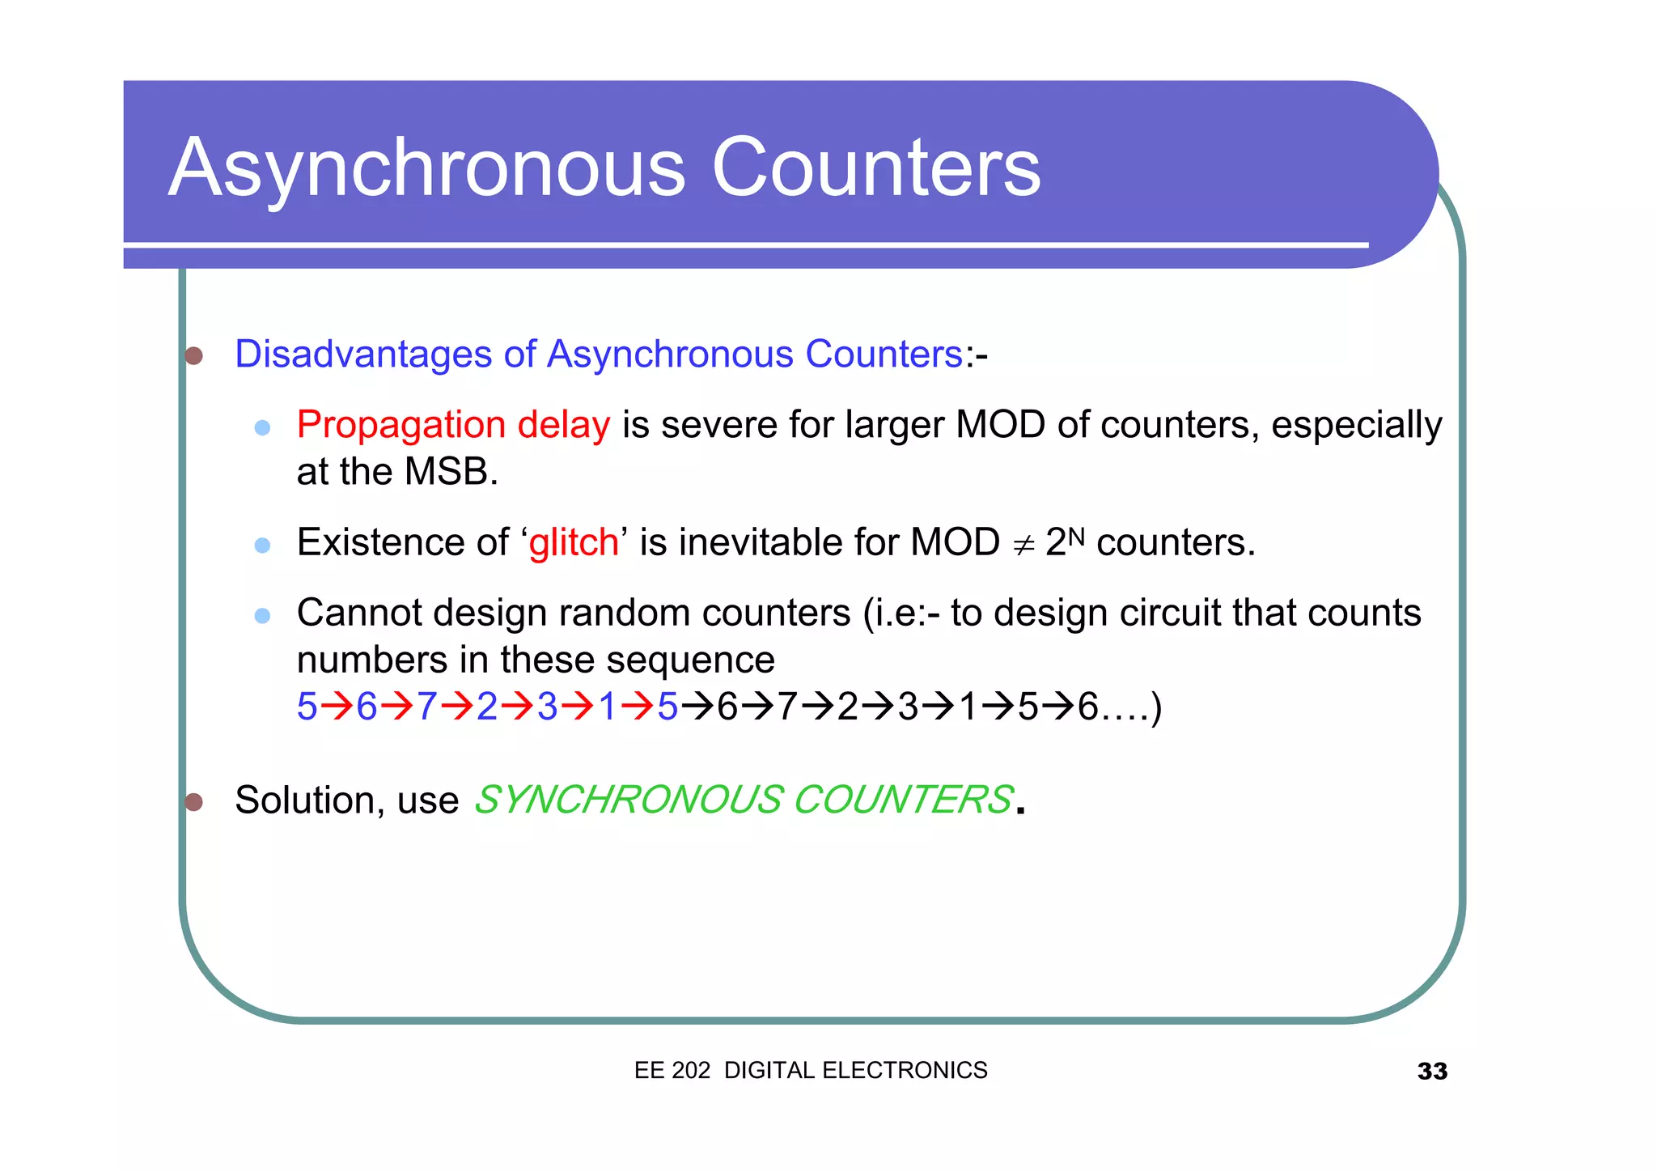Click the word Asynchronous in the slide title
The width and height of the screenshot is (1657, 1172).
[x=426, y=168]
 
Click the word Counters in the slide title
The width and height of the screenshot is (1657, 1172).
[x=875, y=168]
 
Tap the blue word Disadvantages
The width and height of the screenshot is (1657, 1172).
[x=362, y=355]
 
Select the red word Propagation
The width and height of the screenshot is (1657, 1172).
[x=400, y=426]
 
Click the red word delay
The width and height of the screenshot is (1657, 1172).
[x=563, y=426]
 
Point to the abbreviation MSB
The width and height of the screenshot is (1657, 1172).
[x=450, y=472]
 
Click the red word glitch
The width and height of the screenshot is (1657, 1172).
[x=573, y=542]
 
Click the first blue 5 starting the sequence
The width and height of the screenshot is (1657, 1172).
[x=307, y=707]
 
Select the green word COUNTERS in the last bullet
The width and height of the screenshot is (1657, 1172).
[x=903, y=800]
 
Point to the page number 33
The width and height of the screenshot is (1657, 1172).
[x=1431, y=1072]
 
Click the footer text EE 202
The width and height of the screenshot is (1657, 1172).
[x=672, y=1071]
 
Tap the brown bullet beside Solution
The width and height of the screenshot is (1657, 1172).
[x=193, y=802]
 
